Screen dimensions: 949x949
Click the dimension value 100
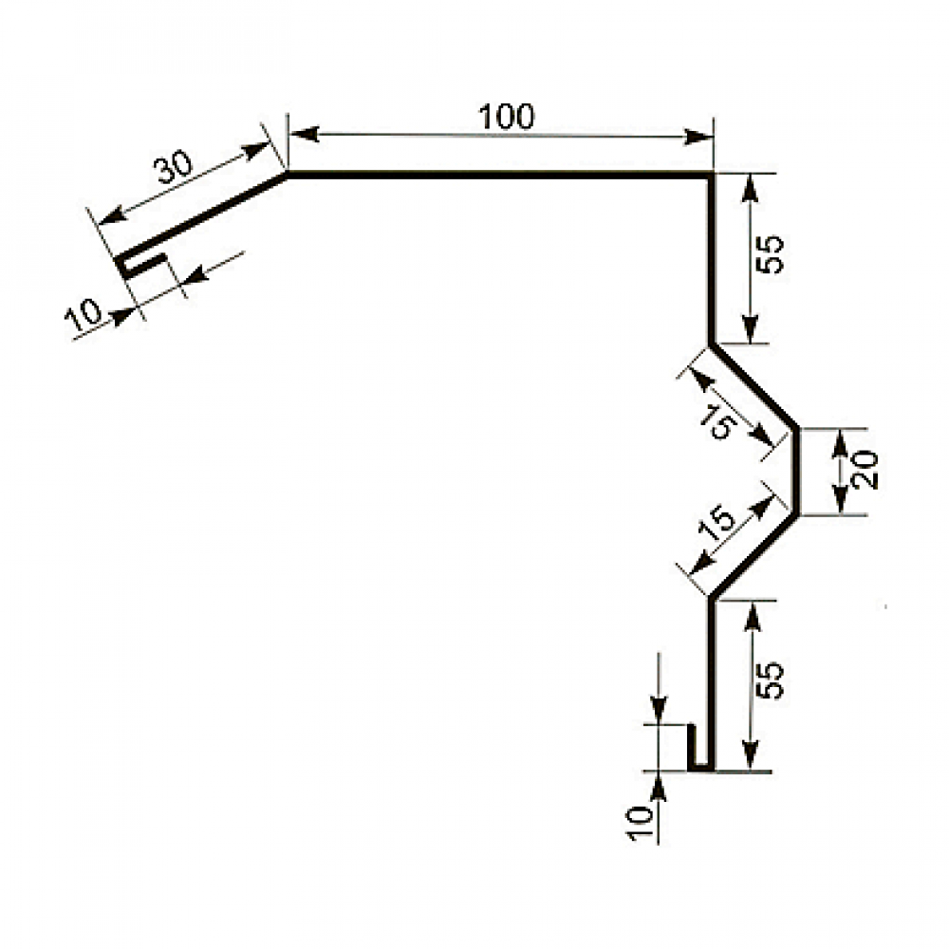506,117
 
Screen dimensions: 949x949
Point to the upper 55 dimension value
770,254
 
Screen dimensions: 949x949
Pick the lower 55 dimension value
770,680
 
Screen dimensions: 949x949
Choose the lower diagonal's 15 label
717,522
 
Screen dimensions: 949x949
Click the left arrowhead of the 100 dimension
305,134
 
